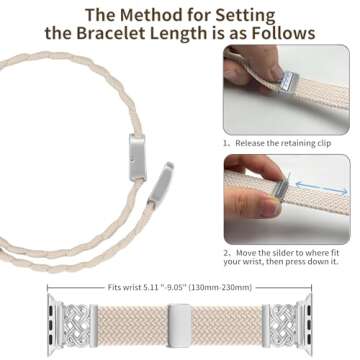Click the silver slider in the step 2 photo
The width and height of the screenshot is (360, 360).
300,184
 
